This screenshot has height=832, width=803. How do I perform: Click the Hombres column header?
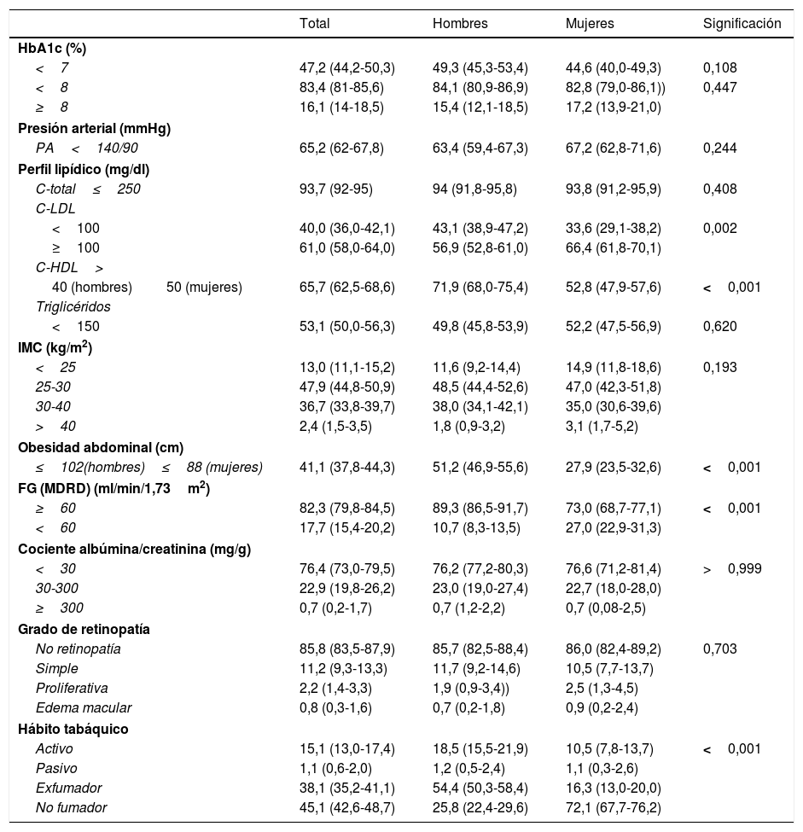click(x=460, y=24)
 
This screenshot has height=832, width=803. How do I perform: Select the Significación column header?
click(x=742, y=24)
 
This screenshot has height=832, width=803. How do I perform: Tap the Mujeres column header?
click(x=590, y=24)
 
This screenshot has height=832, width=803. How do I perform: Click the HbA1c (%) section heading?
click(x=52, y=49)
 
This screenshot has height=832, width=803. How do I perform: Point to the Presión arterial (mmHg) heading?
click(x=94, y=129)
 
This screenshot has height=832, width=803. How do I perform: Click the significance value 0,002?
click(x=720, y=229)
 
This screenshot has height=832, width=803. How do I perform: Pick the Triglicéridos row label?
click(x=73, y=305)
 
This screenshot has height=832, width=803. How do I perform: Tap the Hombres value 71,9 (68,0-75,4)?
click(x=480, y=288)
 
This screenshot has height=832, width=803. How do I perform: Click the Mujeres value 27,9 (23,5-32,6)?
click(x=613, y=467)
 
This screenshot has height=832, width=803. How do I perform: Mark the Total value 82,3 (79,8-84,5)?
click(x=346, y=508)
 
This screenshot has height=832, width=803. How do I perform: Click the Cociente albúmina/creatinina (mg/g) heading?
click(x=134, y=549)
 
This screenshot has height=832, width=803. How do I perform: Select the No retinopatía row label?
click(x=78, y=649)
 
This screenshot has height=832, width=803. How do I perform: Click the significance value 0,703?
click(x=720, y=649)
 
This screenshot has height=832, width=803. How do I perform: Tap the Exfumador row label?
click(x=69, y=788)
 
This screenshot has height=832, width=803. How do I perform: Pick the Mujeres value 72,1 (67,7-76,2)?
click(x=613, y=808)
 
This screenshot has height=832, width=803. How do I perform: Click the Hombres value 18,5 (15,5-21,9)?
click(x=480, y=748)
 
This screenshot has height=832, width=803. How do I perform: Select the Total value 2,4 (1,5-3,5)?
click(x=340, y=426)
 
